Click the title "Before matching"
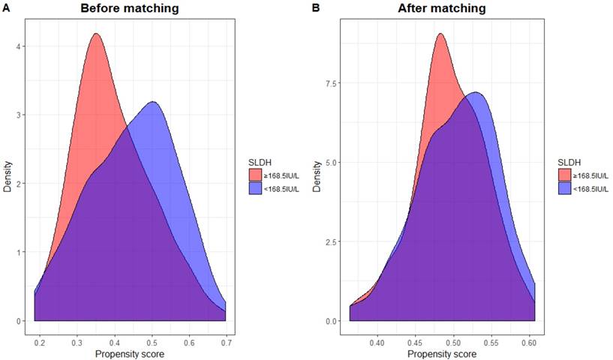point(131,9)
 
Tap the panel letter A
point(6,8)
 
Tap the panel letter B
point(315,8)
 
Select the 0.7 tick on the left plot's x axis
point(225,342)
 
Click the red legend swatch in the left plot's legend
point(254,175)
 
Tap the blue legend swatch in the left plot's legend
point(254,187)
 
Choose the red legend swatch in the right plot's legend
point(563,175)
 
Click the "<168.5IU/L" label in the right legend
point(590,188)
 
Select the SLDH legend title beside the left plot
point(260,161)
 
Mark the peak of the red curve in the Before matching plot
point(95,33)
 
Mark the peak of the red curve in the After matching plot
point(440,33)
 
